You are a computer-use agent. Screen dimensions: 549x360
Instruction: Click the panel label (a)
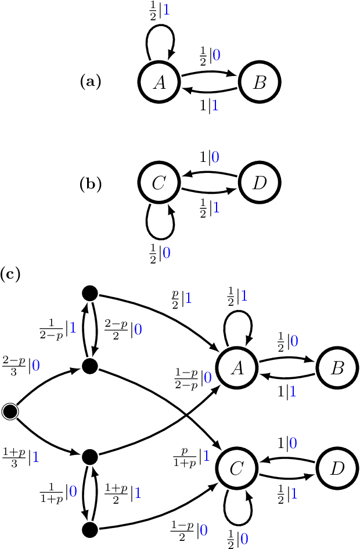(x=90, y=82)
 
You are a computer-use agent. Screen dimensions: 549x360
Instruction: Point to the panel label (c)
(x=10, y=273)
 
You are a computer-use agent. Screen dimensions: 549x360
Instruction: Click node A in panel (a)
(x=159, y=82)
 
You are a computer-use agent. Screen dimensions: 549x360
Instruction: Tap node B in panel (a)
(x=259, y=82)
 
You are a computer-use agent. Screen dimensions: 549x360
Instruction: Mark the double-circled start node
(x=9, y=411)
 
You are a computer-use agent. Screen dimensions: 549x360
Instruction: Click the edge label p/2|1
(x=181, y=299)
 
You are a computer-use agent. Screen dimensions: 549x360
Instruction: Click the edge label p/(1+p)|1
(x=191, y=457)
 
